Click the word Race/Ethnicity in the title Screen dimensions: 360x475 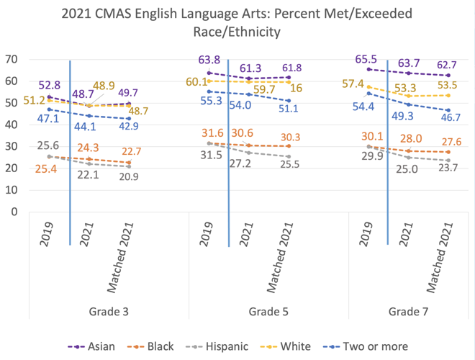click(237, 31)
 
